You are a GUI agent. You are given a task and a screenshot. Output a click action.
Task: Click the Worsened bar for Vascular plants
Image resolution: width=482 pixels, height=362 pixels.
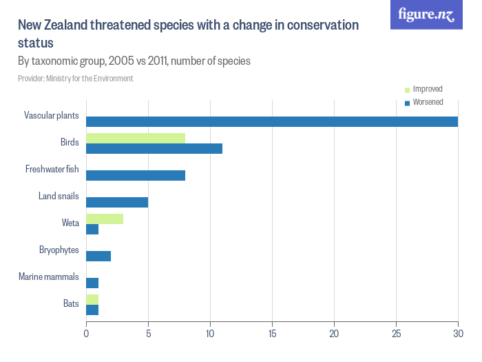[x=272, y=121]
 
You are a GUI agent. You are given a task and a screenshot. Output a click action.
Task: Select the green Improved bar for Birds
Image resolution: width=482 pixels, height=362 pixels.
[x=136, y=138]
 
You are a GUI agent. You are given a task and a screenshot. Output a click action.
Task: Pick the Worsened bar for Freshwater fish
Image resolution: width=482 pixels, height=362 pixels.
[x=136, y=175]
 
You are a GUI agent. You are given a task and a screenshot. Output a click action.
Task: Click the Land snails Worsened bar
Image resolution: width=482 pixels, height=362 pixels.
[x=117, y=202]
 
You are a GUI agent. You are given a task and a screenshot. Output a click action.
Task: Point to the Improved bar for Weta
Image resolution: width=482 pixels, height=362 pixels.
[x=105, y=219]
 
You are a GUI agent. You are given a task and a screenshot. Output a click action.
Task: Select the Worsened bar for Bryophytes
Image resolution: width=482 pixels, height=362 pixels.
[x=98, y=256]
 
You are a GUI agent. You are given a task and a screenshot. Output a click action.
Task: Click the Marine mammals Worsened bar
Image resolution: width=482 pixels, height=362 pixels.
[x=92, y=283]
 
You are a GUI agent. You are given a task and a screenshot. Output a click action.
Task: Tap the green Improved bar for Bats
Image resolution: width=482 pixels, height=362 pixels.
[x=92, y=299]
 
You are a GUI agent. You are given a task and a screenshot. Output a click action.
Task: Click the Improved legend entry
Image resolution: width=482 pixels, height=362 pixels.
[x=427, y=89]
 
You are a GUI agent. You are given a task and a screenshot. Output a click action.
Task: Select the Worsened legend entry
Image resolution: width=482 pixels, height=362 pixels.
[x=427, y=102]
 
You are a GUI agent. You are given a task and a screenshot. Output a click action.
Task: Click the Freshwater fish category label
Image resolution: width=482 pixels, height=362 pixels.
[x=52, y=169]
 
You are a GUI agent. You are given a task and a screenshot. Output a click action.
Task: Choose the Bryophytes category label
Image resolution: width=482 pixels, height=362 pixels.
[x=59, y=250]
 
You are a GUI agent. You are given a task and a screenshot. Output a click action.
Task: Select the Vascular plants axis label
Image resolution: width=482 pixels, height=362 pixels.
[x=52, y=115]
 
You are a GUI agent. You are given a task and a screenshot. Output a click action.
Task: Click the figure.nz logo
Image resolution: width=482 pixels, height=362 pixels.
[x=426, y=14]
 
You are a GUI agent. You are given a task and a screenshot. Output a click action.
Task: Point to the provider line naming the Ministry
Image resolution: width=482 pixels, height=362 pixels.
[x=76, y=79]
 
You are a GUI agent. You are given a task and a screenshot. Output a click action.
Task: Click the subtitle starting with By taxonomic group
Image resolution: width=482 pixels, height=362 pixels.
[x=134, y=61]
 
